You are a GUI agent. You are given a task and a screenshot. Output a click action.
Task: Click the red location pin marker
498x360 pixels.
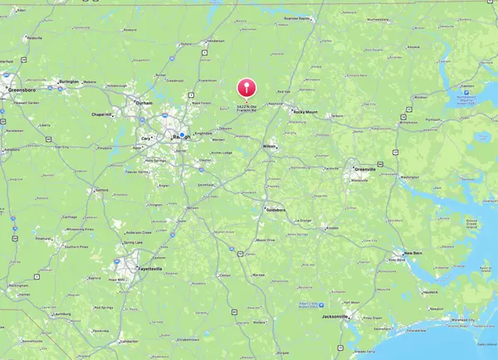point(246,88)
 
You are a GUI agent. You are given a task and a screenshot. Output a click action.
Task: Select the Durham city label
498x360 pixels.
point(144,103)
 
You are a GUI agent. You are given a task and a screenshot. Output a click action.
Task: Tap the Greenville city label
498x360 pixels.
point(363,169)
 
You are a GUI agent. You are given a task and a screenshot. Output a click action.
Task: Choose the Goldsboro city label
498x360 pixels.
point(276,211)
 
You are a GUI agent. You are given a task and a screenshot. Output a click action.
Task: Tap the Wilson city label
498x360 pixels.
point(269,145)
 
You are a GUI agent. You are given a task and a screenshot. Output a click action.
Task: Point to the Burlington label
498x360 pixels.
point(69,81)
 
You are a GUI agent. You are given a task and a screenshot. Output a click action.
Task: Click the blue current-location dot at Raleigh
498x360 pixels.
point(182,135)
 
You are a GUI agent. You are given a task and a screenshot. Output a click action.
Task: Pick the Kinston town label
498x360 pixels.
point(331,227)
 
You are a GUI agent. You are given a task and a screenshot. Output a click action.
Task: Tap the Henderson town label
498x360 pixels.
point(217,41)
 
